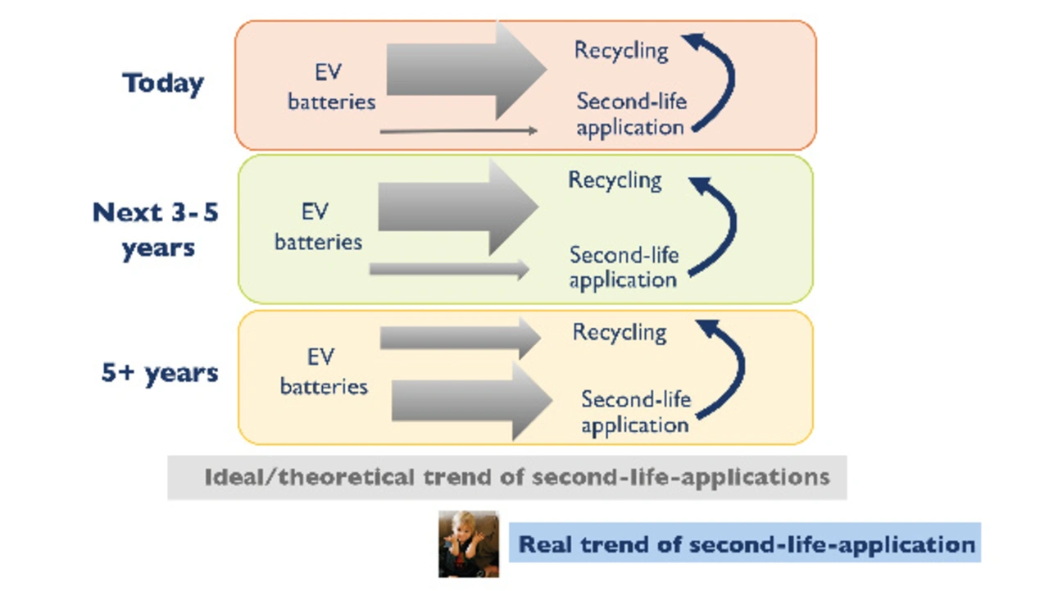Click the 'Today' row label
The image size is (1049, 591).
pyautogui.click(x=163, y=84)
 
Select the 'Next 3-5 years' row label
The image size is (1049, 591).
pyautogui.click(x=156, y=230)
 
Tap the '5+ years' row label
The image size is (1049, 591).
pyautogui.click(x=160, y=374)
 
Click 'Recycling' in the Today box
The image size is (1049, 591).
pyautogui.click(x=621, y=51)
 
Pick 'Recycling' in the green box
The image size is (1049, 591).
pyautogui.click(x=615, y=180)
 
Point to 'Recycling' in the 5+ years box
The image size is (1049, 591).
pyautogui.click(x=620, y=333)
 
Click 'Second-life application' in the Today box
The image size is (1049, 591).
pyautogui.click(x=631, y=114)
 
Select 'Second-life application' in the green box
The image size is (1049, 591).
pyautogui.click(x=624, y=267)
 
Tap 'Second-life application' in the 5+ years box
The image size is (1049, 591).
pyautogui.click(x=635, y=412)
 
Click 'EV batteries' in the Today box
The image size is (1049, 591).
pyautogui.click(x=331, y=87)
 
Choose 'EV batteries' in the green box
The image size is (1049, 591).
pyautogui.click(x=318, y=227)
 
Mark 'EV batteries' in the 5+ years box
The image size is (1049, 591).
pyautogui.click(x=324, y=372)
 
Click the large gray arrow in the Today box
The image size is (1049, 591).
pyautogui.click(x=466, y=70)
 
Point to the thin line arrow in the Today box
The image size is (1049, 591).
pyautogui.click(x=458, y=130)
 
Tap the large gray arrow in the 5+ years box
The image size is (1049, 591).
pyautogui.click(x=472, y=402)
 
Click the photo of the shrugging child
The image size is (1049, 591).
pyautogui.click(x=469, y=544)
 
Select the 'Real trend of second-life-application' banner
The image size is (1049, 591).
pyautogui.click(x=745, y=543)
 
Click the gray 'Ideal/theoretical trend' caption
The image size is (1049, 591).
pyautogui.click(x=507, y=478)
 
